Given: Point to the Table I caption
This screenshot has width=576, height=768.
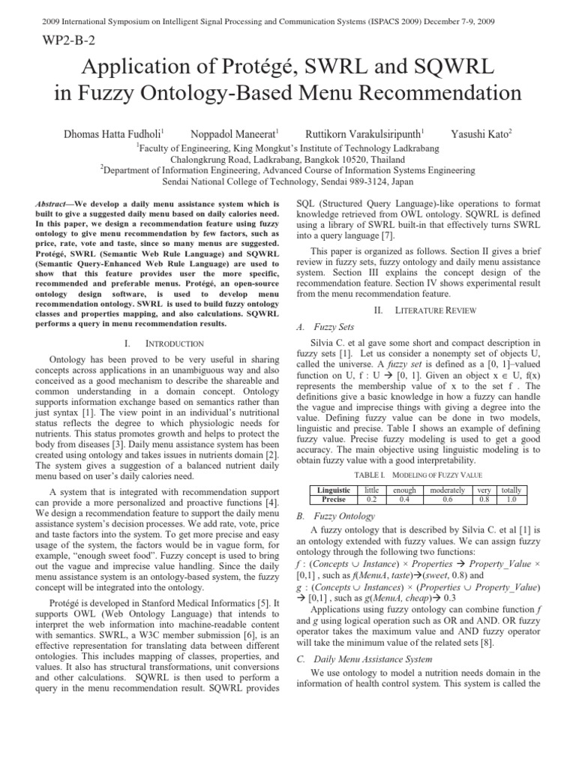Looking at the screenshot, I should (418, 475).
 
